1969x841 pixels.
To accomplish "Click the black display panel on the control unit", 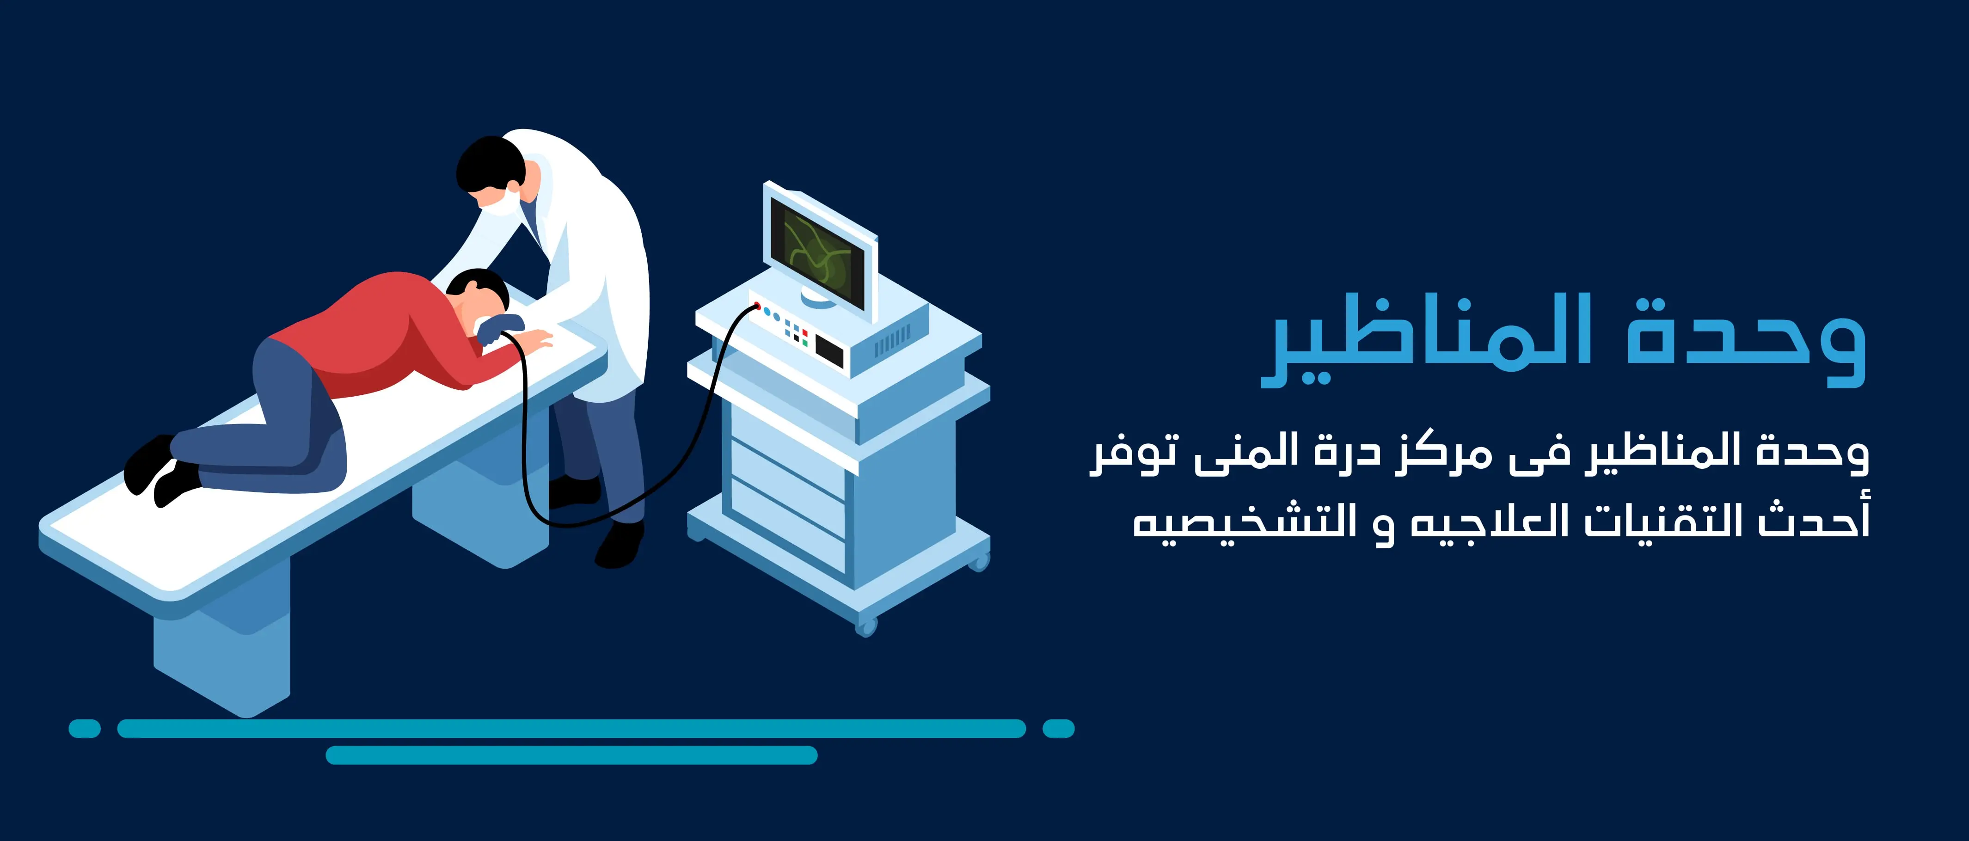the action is (829, 350).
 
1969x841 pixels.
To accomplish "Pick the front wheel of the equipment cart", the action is (866, 626).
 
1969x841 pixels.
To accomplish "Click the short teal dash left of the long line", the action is (85, 729).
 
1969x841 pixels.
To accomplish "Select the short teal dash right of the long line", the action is (1059, 729).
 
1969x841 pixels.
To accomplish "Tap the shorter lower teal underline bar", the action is (572, 755).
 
